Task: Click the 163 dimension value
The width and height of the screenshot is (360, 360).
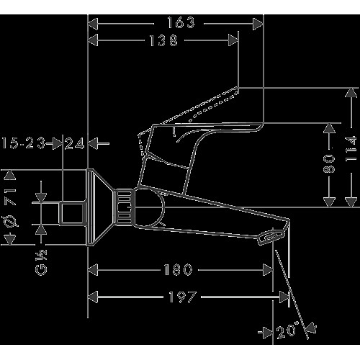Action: coord(181,23)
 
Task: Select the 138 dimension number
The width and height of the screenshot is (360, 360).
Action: coord(163,40)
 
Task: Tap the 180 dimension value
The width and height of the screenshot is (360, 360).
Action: coord(178,269)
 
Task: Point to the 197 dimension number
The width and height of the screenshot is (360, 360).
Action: coord(183,297)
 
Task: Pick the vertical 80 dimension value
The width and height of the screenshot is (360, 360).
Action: coord(329,163)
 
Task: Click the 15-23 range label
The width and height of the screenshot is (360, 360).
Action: coord(24,143)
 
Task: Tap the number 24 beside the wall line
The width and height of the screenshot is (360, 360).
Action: coord(75,143)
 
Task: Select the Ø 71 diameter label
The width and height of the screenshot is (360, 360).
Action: coord(10,207)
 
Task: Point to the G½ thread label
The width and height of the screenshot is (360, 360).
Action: coord(41,262)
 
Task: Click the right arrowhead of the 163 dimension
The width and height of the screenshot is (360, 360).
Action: coord(258,24)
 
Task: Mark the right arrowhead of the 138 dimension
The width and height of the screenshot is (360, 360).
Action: coord(233,40)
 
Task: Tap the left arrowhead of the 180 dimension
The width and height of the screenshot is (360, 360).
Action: coord(93,270)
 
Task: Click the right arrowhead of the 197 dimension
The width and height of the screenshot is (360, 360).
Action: coord(284,297)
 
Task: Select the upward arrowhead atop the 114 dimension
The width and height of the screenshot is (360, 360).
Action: coord(351,93)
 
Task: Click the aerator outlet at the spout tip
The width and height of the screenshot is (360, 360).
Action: coord(271,237)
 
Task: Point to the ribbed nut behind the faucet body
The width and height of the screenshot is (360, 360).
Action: coord(123,207)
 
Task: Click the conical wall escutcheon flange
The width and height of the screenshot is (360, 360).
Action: coord(100,207)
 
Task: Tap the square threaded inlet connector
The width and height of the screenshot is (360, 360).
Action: coord(72,213)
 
